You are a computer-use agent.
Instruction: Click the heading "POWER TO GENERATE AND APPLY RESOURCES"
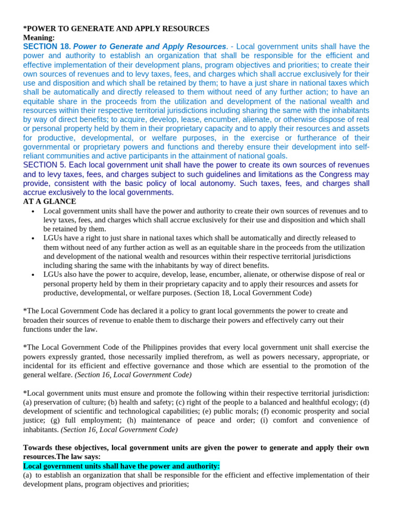coord(118,29)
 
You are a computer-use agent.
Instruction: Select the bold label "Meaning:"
coord(39,38)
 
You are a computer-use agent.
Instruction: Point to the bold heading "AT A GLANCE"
coord(50,202)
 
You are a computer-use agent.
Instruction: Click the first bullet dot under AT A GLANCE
coord(32,211)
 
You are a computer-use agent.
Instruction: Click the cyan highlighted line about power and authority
coord(121,466)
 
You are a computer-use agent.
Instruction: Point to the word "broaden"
coord(37,320)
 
